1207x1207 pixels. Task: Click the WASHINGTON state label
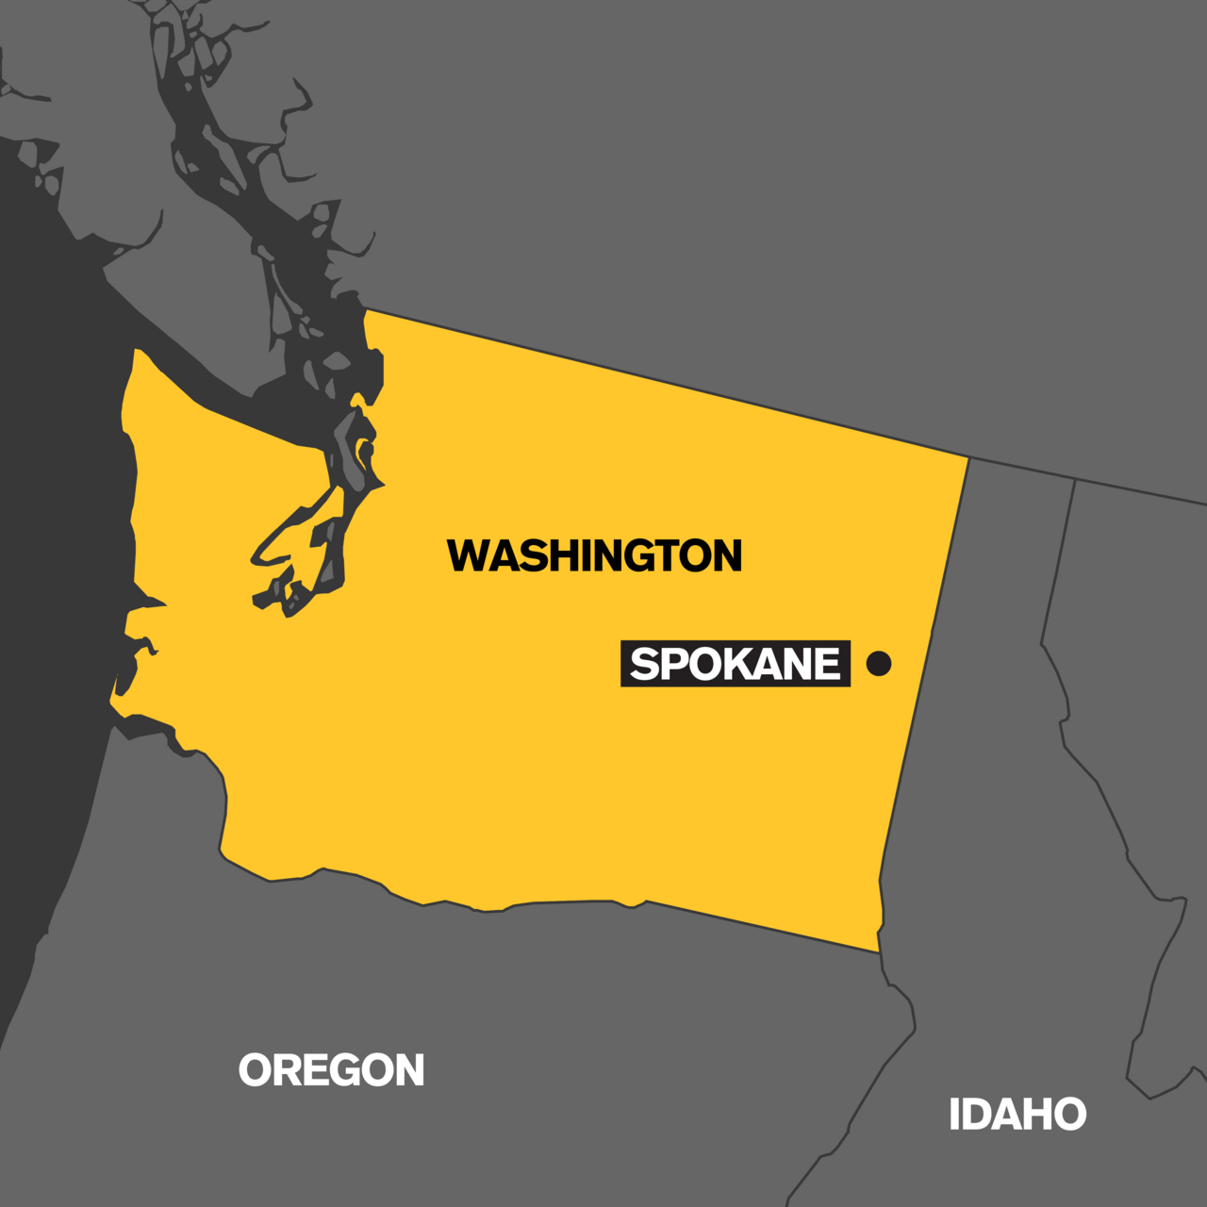594,555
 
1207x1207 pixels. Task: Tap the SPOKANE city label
735,664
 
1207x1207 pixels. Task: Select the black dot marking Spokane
879,663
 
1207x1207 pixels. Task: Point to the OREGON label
331,1070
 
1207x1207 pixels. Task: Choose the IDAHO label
1017,1115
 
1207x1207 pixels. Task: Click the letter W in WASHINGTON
469,555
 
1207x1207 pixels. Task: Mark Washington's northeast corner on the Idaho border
968,458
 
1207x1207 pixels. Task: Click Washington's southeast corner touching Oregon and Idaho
880,951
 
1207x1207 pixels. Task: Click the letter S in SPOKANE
644,664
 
